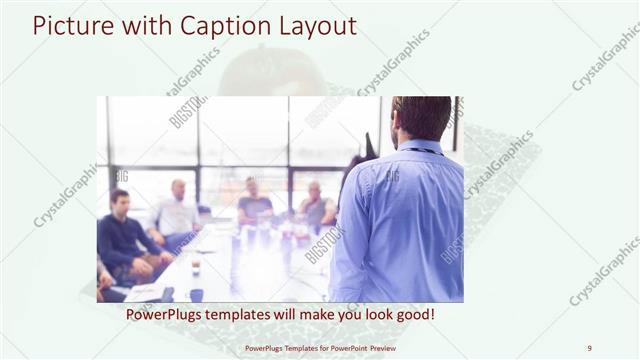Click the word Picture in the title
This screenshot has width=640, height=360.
pyautogui.click(x=68, y=25)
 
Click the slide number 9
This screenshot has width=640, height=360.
pyautogui.click(x=589, y=348)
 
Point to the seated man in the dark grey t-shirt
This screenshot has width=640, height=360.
pyautogui.click(x=254, y=205)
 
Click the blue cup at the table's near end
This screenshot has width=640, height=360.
pyautogui.click(x=196, y=294)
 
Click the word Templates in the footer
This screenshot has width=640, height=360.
pyautogui.click(x=287, y=348)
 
